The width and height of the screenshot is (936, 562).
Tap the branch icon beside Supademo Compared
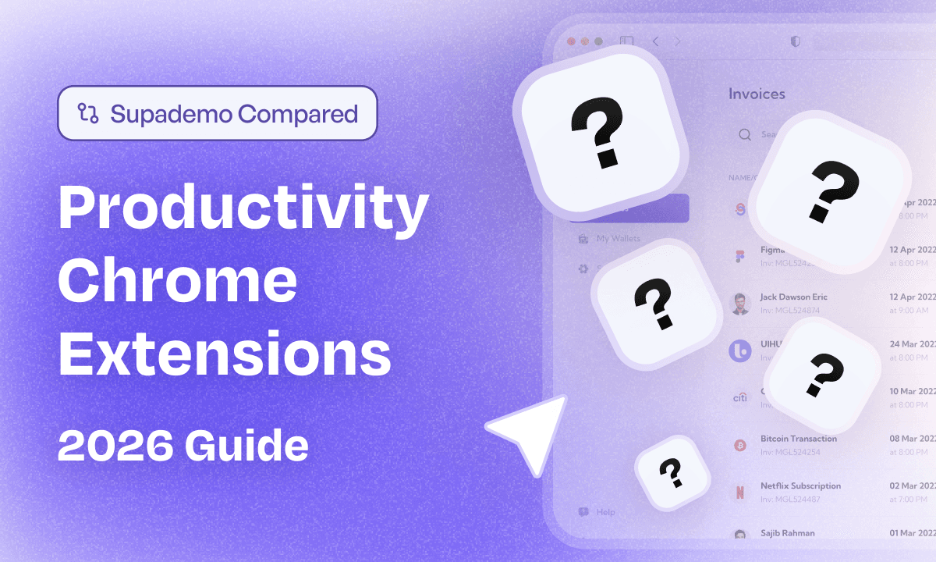[87, 114]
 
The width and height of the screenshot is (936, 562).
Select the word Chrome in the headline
[178, 283]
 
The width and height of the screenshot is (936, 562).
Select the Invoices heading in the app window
[757, 94]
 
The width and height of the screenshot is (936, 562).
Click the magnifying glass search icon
[745, 134]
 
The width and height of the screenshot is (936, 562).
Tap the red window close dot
[572, 41]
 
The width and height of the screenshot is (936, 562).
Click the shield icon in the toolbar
[795, 41]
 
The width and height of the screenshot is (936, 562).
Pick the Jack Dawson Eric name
[793, 297]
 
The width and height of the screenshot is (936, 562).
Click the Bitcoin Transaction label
[798, 439]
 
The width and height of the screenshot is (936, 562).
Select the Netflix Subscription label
[800, 486]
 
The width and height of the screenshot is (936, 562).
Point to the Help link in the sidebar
[605, 512]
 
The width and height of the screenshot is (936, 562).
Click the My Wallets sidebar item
[618, 238]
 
